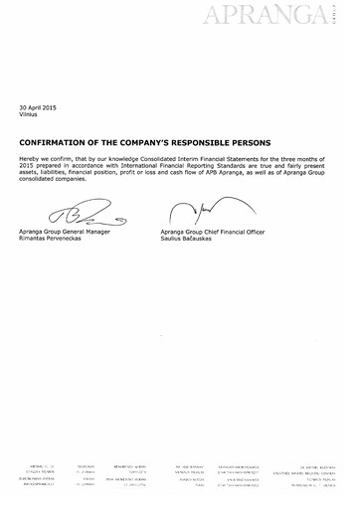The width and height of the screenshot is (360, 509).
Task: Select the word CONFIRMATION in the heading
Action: tap(56, 141)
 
